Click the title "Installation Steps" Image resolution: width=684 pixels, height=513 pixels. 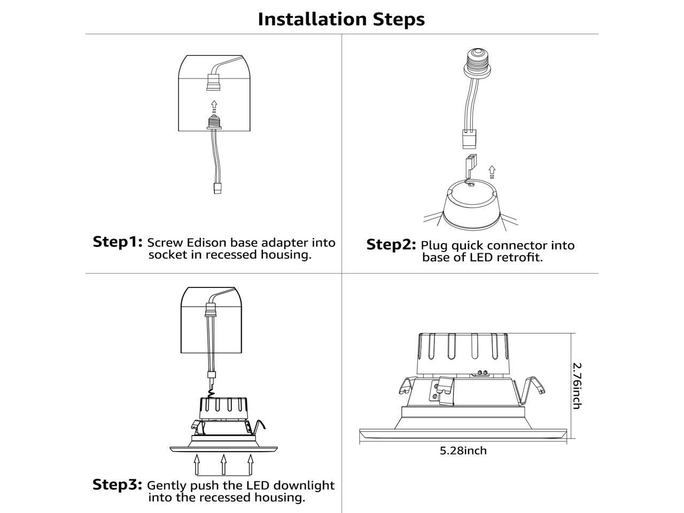click(x=341, y=19)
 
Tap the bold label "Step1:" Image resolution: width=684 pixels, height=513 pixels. click(x=118, y=242)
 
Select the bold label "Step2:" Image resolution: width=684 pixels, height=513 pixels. click(x=391, y=245)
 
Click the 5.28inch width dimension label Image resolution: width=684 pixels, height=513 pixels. click(x=463, y=450)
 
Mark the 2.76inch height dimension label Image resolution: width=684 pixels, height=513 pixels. click(x=578, y=386)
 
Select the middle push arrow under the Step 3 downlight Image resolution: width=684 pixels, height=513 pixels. click(x=223, y=464)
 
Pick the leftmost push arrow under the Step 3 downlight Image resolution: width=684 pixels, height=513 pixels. click(x=197, y=464)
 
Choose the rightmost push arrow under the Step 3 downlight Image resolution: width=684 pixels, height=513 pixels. click(x=250, y=464)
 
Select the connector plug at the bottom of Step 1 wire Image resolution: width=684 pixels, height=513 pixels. click(x=217, y=188)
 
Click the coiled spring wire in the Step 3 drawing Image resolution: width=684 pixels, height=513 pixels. click(x=211, y=393)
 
